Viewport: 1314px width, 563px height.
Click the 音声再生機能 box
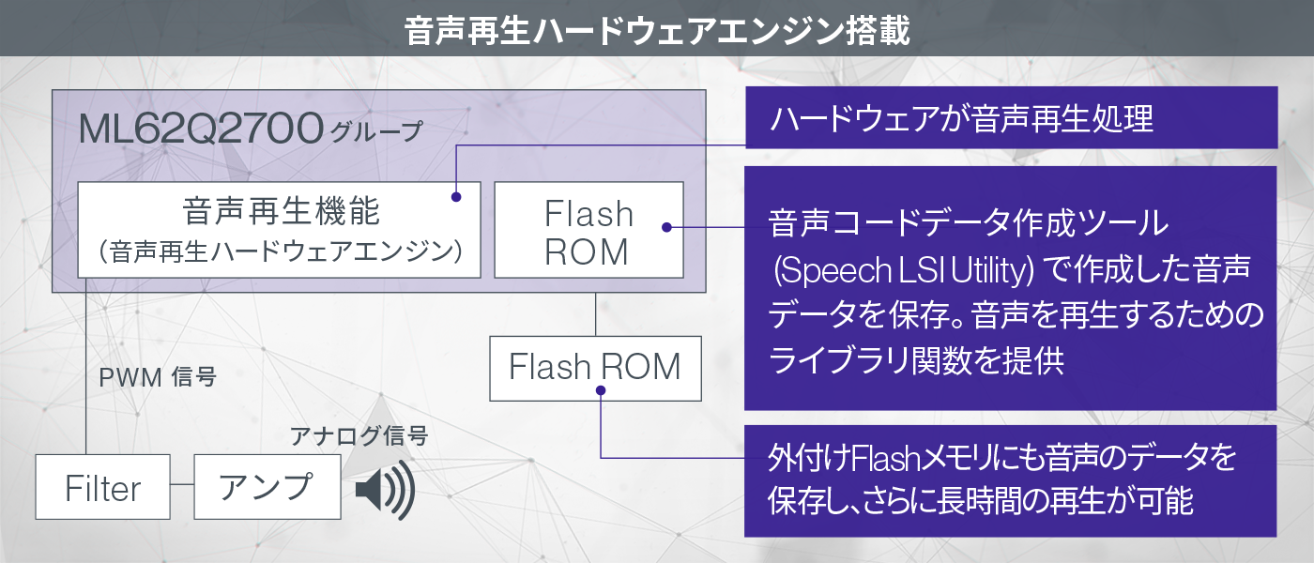[x=279, y=229]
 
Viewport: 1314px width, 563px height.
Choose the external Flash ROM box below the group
[x=595, y=367]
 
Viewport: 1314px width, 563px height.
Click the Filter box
[x=103, y=487]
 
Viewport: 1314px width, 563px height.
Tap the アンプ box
[x=267, y=487]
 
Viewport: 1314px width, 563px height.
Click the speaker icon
[x=385, y=489]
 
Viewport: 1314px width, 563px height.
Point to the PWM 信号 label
[x=158, y=378]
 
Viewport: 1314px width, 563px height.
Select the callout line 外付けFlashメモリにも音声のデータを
[x=1001, y=459]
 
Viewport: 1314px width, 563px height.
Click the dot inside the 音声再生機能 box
[x=455, y=197]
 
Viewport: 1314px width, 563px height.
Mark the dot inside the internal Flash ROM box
[x=665, y=227]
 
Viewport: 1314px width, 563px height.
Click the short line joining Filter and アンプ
[x=182, y=487]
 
